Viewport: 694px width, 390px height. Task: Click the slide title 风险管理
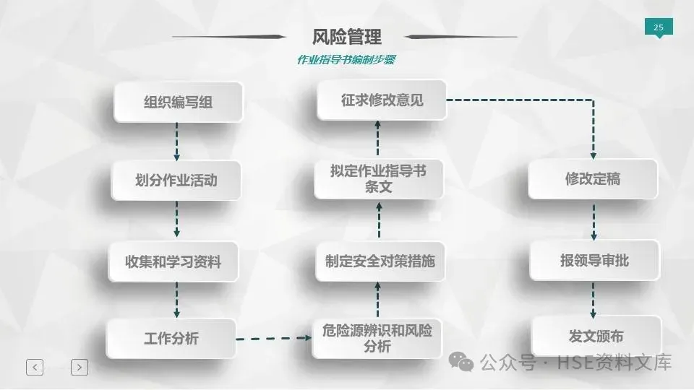coord(347,36)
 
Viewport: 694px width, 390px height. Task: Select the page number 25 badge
coord(658,27)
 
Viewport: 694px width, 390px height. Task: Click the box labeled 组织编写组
coord(178,102)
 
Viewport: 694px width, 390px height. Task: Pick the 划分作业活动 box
coord(176,180)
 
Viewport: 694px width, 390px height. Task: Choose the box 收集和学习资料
coord(173,261)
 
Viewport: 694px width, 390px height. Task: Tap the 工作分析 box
coord(171,338)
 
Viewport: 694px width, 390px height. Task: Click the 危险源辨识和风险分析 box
coord(377,338)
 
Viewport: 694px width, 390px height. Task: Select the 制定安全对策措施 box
coord(380,261)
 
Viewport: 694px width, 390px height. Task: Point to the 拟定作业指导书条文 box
coord(378,179)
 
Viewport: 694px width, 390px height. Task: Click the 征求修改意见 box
coord(382,100)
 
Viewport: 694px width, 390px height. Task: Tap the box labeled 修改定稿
coord(593,179)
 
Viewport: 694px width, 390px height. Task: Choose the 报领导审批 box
coord(594,261)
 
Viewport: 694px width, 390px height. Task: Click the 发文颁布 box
coord(596,336)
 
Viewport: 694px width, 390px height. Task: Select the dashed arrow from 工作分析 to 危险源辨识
coord(273,337)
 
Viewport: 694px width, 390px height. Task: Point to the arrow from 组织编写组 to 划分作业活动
coord(176,142)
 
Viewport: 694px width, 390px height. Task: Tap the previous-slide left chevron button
coord(35,367)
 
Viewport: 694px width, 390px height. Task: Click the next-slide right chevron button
coord(80,367)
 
